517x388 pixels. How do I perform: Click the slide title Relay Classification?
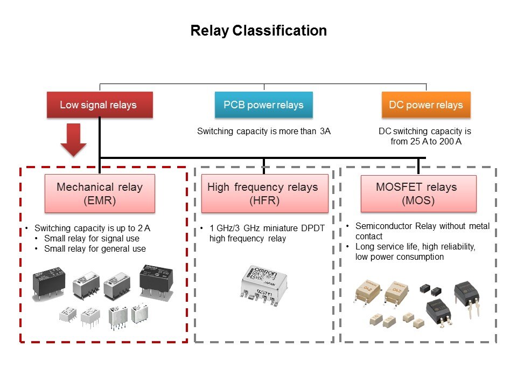click(258, 31)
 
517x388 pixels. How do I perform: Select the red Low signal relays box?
click(100, 105)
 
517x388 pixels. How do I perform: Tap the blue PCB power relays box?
click(263, 105)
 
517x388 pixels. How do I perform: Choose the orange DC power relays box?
click(426, 105)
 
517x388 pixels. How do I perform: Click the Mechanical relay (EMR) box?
click(100, 193)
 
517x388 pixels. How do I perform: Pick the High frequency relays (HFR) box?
click(264, 193)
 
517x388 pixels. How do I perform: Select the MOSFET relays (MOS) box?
click(418, 193)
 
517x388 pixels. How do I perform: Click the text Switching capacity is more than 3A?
click(263, 131)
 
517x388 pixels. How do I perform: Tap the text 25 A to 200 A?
click(425, 141)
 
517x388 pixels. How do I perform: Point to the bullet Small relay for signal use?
click(92, 238)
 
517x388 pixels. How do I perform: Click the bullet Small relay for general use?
click(95, 248)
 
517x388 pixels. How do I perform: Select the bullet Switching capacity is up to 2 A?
click(92, 228)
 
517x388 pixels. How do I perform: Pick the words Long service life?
click(381, 247)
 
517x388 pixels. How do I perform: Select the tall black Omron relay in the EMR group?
click(157, 279)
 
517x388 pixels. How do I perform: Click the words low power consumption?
click(399, 257)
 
